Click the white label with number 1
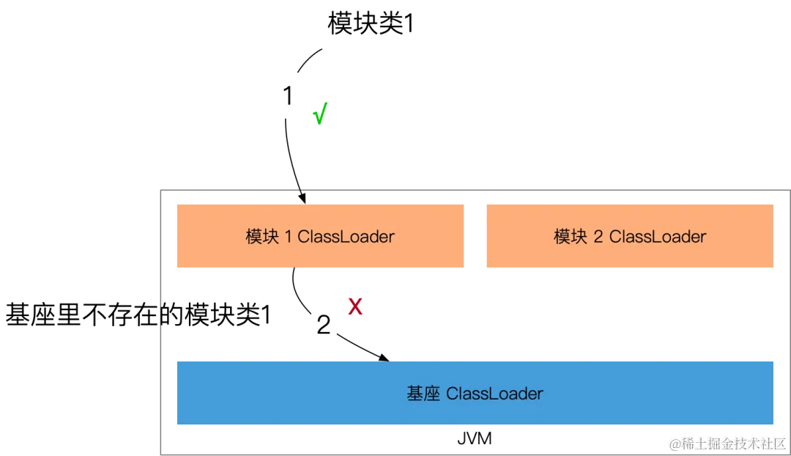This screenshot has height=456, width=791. coord(287,96)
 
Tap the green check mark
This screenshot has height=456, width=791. coord(319,114)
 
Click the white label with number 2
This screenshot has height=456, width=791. coord(324,325)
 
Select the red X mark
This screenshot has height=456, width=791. coord(354,306)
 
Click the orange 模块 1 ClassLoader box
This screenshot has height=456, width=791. coord(321,236)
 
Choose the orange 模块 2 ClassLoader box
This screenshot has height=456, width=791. coord(629,236)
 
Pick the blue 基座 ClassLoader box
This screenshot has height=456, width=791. coord(474,393)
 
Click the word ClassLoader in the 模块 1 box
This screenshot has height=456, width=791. coord(346,237)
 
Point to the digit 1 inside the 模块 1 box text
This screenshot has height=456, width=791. coord(288,237)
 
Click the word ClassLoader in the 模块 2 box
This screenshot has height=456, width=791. coord(657,237)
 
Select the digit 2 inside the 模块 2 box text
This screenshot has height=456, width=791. coord(598,237)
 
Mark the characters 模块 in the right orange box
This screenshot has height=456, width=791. coord(571,237)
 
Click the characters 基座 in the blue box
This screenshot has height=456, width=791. coord(423,394)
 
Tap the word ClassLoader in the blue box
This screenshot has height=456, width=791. coord(494,394)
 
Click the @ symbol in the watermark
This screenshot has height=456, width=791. coord(673,442)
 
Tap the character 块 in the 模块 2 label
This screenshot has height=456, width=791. coord(579,237)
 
